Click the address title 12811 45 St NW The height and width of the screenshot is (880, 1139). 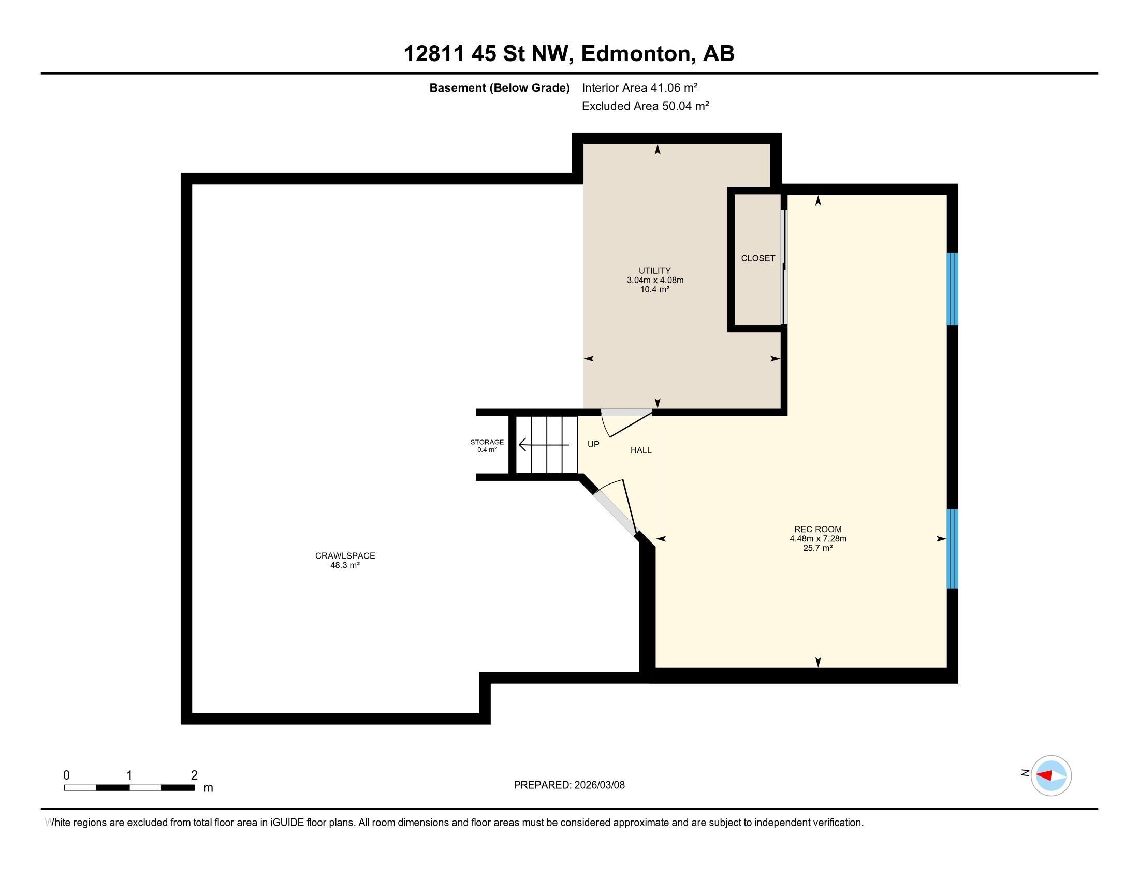tap(489, 54)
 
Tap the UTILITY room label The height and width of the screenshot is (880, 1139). tap(654, 271)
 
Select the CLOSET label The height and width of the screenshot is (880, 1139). tap(758, 258)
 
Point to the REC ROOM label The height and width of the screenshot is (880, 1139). tap(817, 529)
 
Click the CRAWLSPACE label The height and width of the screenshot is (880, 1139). tap(345, 556)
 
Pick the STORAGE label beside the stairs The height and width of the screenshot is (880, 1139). tap(487, 442)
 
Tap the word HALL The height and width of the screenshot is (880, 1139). tap(641, 450)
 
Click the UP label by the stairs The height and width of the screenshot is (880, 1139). tap(593, 444)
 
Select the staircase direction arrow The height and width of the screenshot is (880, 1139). tap(544, 445)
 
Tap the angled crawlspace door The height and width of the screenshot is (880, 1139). tap(616, 508)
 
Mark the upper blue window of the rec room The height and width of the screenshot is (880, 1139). tap(952, 289)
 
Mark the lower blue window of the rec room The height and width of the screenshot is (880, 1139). tap(952, 548)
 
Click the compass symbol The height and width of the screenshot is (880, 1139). tap(1050, 775)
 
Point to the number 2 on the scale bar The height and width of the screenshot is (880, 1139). tap(194, 775)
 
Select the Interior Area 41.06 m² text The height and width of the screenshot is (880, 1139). tap(640, 87)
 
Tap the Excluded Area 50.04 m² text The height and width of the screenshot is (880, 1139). tap(645, 106)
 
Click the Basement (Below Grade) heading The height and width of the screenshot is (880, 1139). tap(499, 88)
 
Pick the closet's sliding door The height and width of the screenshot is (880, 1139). tap(784, 267)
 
